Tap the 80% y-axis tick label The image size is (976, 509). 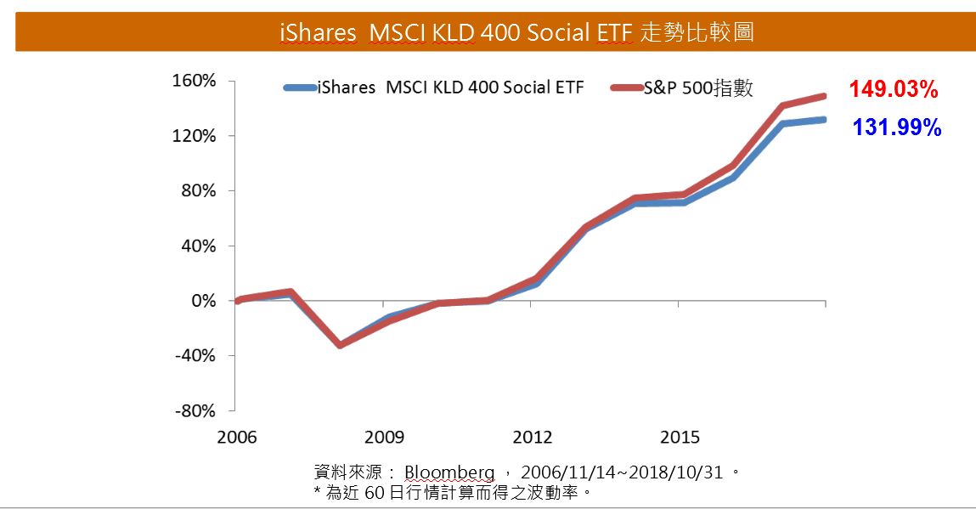200,191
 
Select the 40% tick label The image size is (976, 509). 200,246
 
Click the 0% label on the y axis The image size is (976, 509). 204,302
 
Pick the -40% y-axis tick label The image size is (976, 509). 196,356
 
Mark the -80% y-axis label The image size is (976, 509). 196,411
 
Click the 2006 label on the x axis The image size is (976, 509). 237,438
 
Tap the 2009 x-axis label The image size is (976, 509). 384,438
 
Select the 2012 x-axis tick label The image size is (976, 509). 532,438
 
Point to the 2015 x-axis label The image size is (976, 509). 680,438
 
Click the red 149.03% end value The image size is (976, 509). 894,89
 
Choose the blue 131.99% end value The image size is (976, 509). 897,127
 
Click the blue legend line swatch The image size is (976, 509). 299,88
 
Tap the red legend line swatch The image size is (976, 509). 627,88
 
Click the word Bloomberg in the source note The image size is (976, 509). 449,472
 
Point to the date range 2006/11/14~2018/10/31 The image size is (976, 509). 622,472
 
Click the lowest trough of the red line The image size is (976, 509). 340,345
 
